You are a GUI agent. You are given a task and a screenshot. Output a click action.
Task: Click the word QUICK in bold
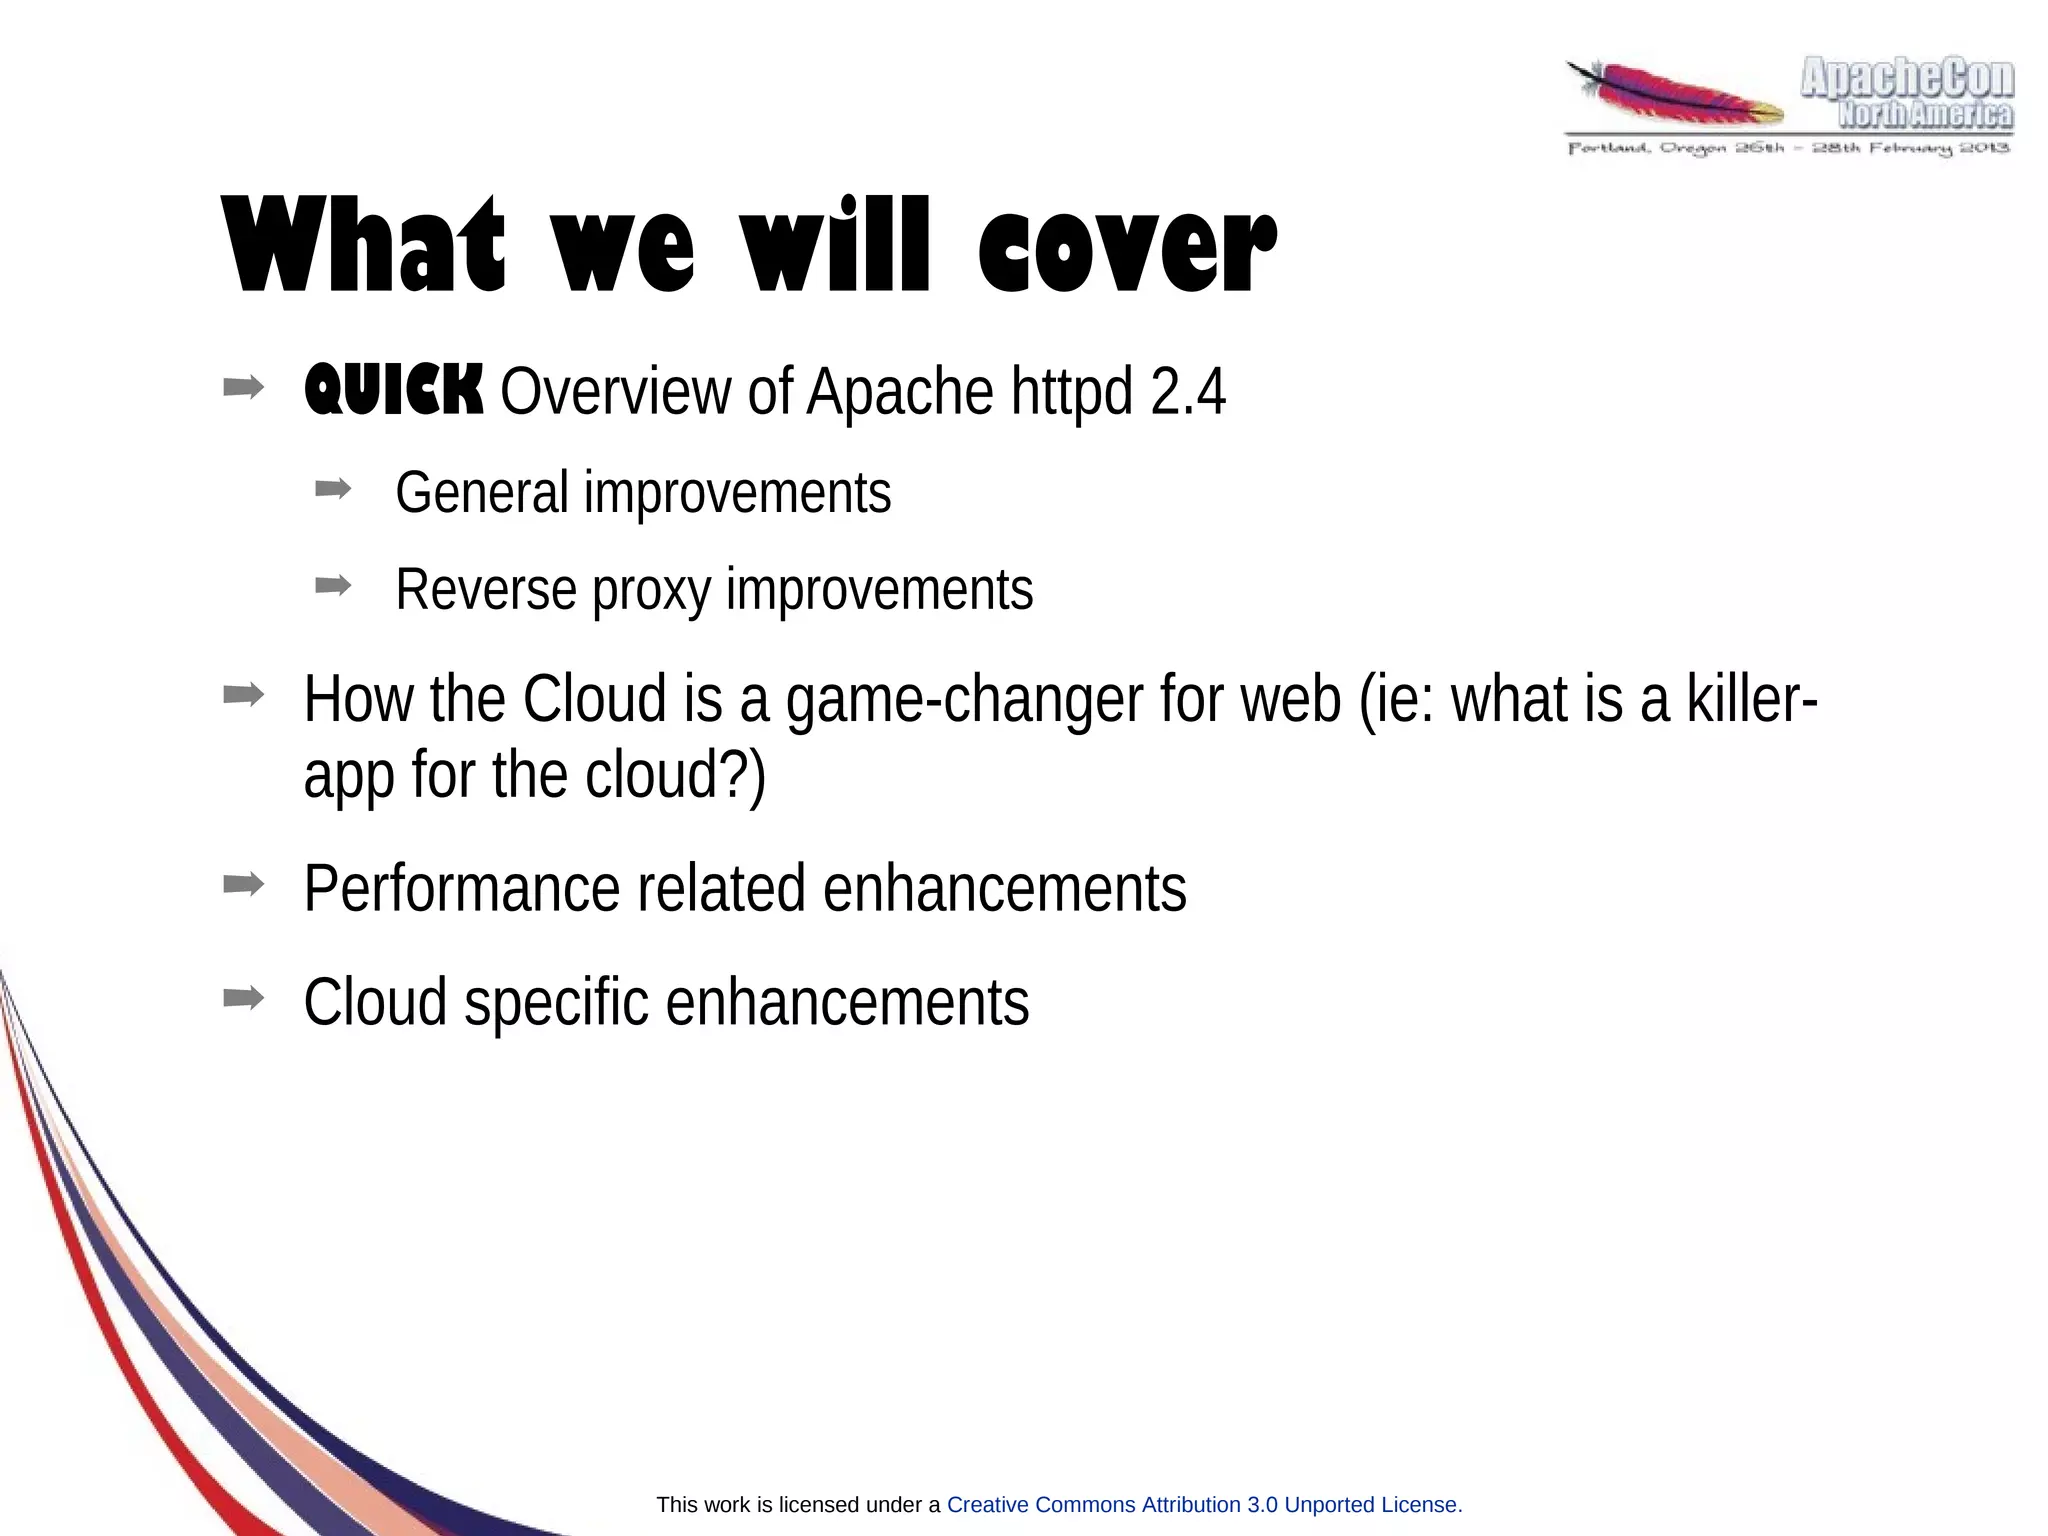pos(393,391)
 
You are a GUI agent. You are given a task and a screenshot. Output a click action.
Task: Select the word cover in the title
pos(1126,246)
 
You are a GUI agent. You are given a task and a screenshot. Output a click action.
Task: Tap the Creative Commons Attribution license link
pos(1203,1505)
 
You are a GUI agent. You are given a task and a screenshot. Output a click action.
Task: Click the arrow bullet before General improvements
pos(333,488)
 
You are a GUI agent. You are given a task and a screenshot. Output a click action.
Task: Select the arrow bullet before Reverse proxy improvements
pos(333,585)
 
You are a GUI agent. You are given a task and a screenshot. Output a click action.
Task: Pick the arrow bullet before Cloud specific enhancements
pos(243,997)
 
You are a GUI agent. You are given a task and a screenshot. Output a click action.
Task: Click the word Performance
pos(461,888)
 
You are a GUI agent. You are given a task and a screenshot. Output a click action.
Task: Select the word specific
pos(556,1002)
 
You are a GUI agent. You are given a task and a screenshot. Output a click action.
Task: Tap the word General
pos(481,492)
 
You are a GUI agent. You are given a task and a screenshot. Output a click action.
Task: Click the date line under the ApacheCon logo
pos(1788,149)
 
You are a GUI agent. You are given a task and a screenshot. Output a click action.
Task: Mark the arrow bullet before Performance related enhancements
pos(243,883)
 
